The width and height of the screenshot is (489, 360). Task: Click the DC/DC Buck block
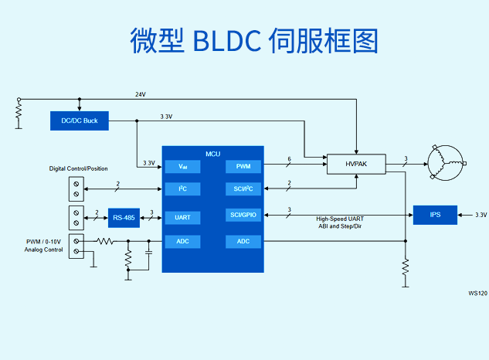80,121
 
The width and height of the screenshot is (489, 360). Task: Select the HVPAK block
356,164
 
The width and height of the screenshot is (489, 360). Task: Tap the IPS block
435,214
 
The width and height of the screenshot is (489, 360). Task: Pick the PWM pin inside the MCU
243,166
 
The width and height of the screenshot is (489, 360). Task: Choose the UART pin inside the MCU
182,217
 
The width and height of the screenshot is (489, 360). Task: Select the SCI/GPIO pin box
243,215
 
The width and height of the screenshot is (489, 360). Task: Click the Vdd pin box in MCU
182,166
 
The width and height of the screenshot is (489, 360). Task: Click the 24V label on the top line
141,94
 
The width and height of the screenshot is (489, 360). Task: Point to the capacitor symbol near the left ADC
149,251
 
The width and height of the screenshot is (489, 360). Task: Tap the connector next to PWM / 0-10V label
76,247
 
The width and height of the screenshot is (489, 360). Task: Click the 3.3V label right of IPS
480,215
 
